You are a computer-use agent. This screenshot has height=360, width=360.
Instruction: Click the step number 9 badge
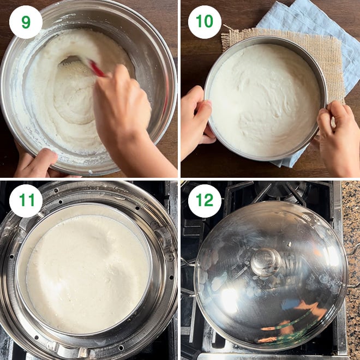point(26,22)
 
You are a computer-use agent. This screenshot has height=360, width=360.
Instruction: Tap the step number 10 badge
point(205,22)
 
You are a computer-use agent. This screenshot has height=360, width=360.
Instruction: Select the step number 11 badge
point(26,201)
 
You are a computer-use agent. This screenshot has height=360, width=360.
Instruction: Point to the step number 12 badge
point(205,201)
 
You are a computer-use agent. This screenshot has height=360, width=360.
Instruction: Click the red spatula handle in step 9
point(97,68)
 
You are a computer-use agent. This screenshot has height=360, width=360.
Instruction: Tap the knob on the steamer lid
point(266,262)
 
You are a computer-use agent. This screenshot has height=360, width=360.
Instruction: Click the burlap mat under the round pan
point(331,57)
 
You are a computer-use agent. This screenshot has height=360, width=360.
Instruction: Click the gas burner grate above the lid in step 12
point(271,193)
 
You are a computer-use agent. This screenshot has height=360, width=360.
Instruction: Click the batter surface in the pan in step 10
point(264,101)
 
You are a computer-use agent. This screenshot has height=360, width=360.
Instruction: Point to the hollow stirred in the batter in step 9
point(74,92)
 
